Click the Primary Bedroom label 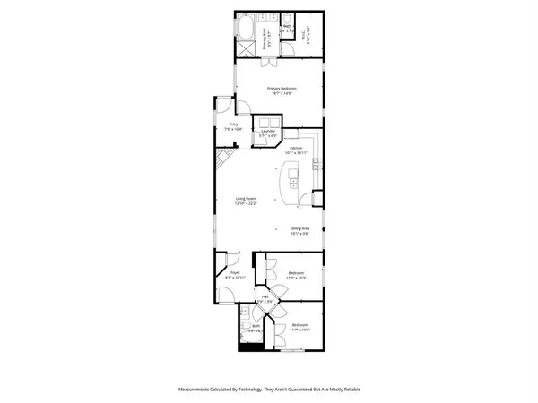pyautogui.click(x=282, y=88)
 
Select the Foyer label pyautogui.click(x=234, y=272)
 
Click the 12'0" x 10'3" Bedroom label pyautogui.click(x=297, y=273)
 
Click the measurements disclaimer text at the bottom pyautogui.click(x=269, y=390)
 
